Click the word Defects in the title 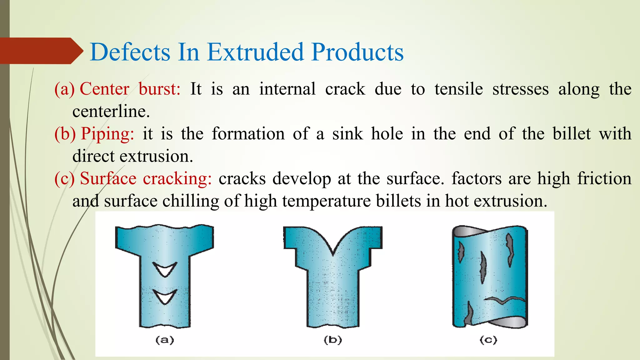[x=130, y=52]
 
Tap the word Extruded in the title [x=255, y=52]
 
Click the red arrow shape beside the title [x=41, y=51]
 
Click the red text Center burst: [x=130, y=89]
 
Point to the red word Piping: [x=107, y=134]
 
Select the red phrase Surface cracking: [x=146, y=179]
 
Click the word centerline [x=111, y=112]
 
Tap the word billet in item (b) [x=572, y=134]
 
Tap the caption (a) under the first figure [x=165, y=340]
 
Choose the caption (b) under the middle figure [x=333, y=340]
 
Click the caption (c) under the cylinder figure [x=488, y=340]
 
